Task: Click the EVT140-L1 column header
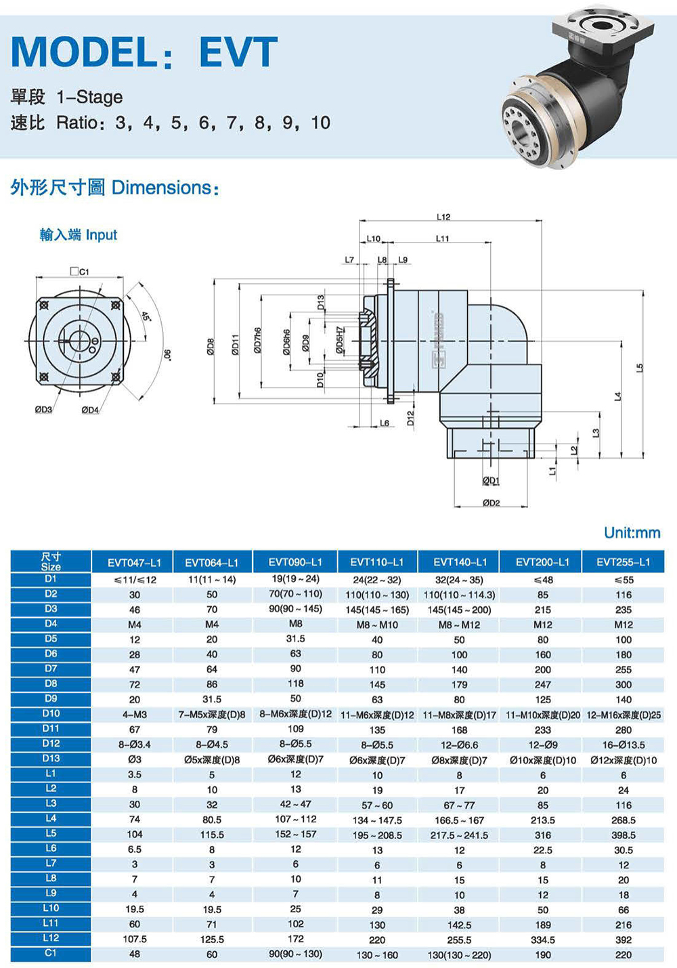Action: coord(460,562)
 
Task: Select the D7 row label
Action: coord(51,669)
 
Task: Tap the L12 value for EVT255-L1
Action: coord(624,940)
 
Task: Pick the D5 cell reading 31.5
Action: coord(295,639)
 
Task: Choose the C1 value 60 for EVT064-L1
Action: coord(212,954)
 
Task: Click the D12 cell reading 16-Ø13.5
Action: coord(624,744)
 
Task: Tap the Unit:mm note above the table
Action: coord(632,532)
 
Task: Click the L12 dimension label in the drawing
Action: coord(443,217)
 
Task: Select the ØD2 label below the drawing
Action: coord(492,503)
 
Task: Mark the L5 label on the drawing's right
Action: coord(640,368)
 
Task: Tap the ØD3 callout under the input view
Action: coord(43,410)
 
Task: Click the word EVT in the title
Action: coord(238,51)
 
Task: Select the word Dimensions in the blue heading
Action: coord(165,188)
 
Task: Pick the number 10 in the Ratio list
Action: coord(321,123)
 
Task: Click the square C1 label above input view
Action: coord(79,272)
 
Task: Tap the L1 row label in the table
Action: coord(51,773)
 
